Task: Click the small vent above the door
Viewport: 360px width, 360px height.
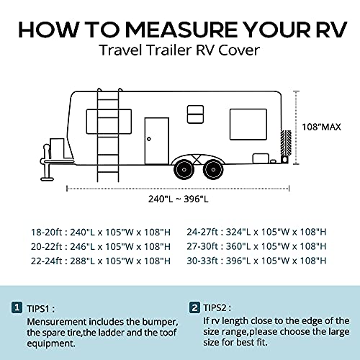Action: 194,111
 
